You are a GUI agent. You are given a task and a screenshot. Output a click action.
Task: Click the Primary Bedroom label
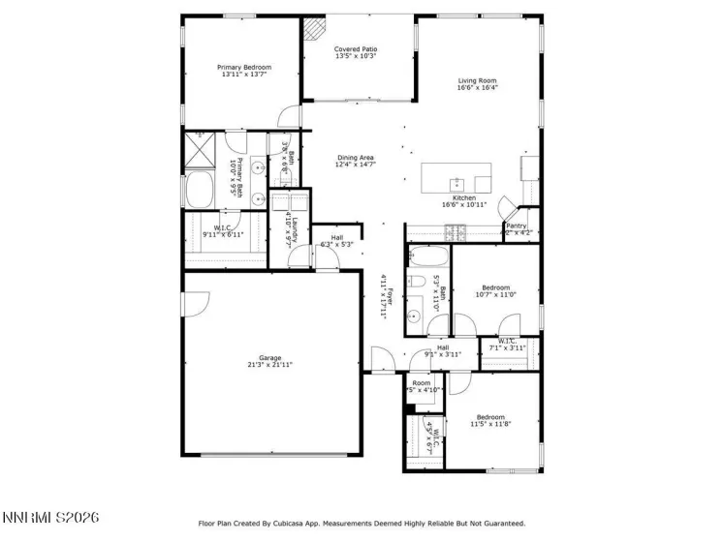pyautogui.click(x=244, y=67)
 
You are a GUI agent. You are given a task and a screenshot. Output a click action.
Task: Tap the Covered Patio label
pyautogui.click(x=356, y=48)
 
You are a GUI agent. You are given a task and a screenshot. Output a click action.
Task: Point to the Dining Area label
pyautogui.click(x=356, y=158)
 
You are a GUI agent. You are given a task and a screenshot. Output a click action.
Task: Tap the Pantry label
pyautogui.click(x=516, y=226)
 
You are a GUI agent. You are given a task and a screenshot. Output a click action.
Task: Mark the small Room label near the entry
pyautogui.click(x=421, y=383)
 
